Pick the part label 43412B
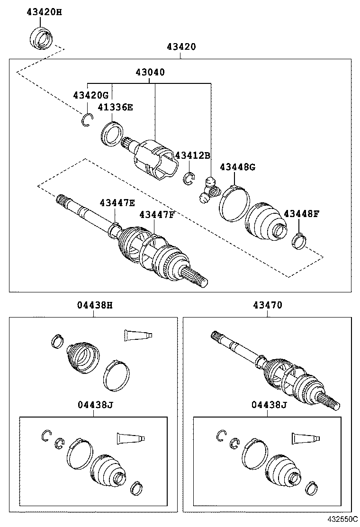[x=192, y=155]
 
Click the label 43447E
[x=117, y=203]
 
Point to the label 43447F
[x=157, y=215]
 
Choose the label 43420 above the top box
[x=181, y=46]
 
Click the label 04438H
[x=95, y=305]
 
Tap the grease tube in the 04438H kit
[x=138, y=335]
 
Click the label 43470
[x=268, y=305]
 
